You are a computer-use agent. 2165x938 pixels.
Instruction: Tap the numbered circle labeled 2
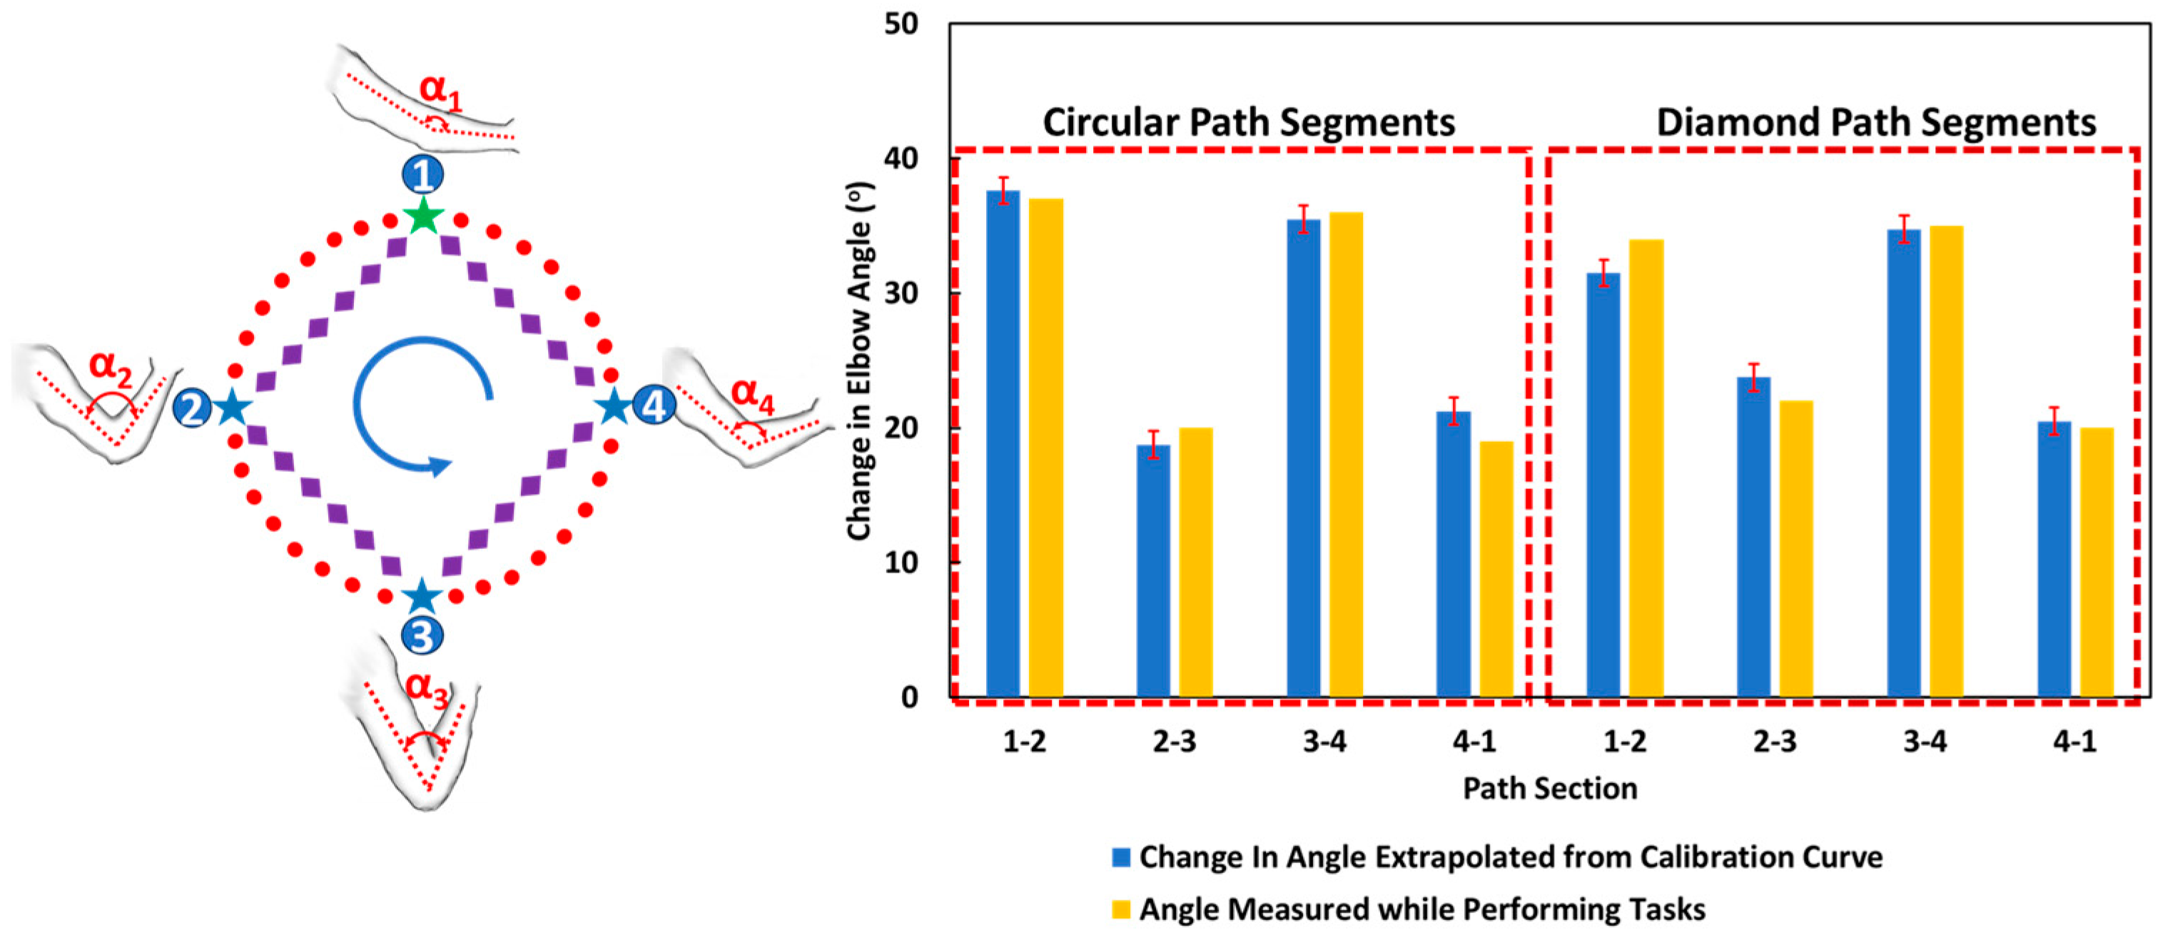click(192, 409)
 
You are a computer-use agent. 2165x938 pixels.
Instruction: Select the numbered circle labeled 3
click(422, 636)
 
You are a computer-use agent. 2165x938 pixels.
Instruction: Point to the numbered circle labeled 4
click(654, 407)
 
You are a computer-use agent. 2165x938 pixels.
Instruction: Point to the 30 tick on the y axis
click(901, 293)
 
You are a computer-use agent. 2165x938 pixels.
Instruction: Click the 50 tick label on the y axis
click(901, 24)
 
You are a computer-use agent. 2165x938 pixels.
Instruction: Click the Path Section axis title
click(1550, 788)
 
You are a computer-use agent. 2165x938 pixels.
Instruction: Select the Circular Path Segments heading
click(1249, 123)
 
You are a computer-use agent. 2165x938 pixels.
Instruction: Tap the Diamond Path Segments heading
click(1876, 123)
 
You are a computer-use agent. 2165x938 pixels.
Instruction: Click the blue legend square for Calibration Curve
click(1121, 857)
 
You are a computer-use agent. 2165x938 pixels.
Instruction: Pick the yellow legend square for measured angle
click(1121, 909)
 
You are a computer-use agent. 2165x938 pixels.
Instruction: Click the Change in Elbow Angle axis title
click(859, 361)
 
